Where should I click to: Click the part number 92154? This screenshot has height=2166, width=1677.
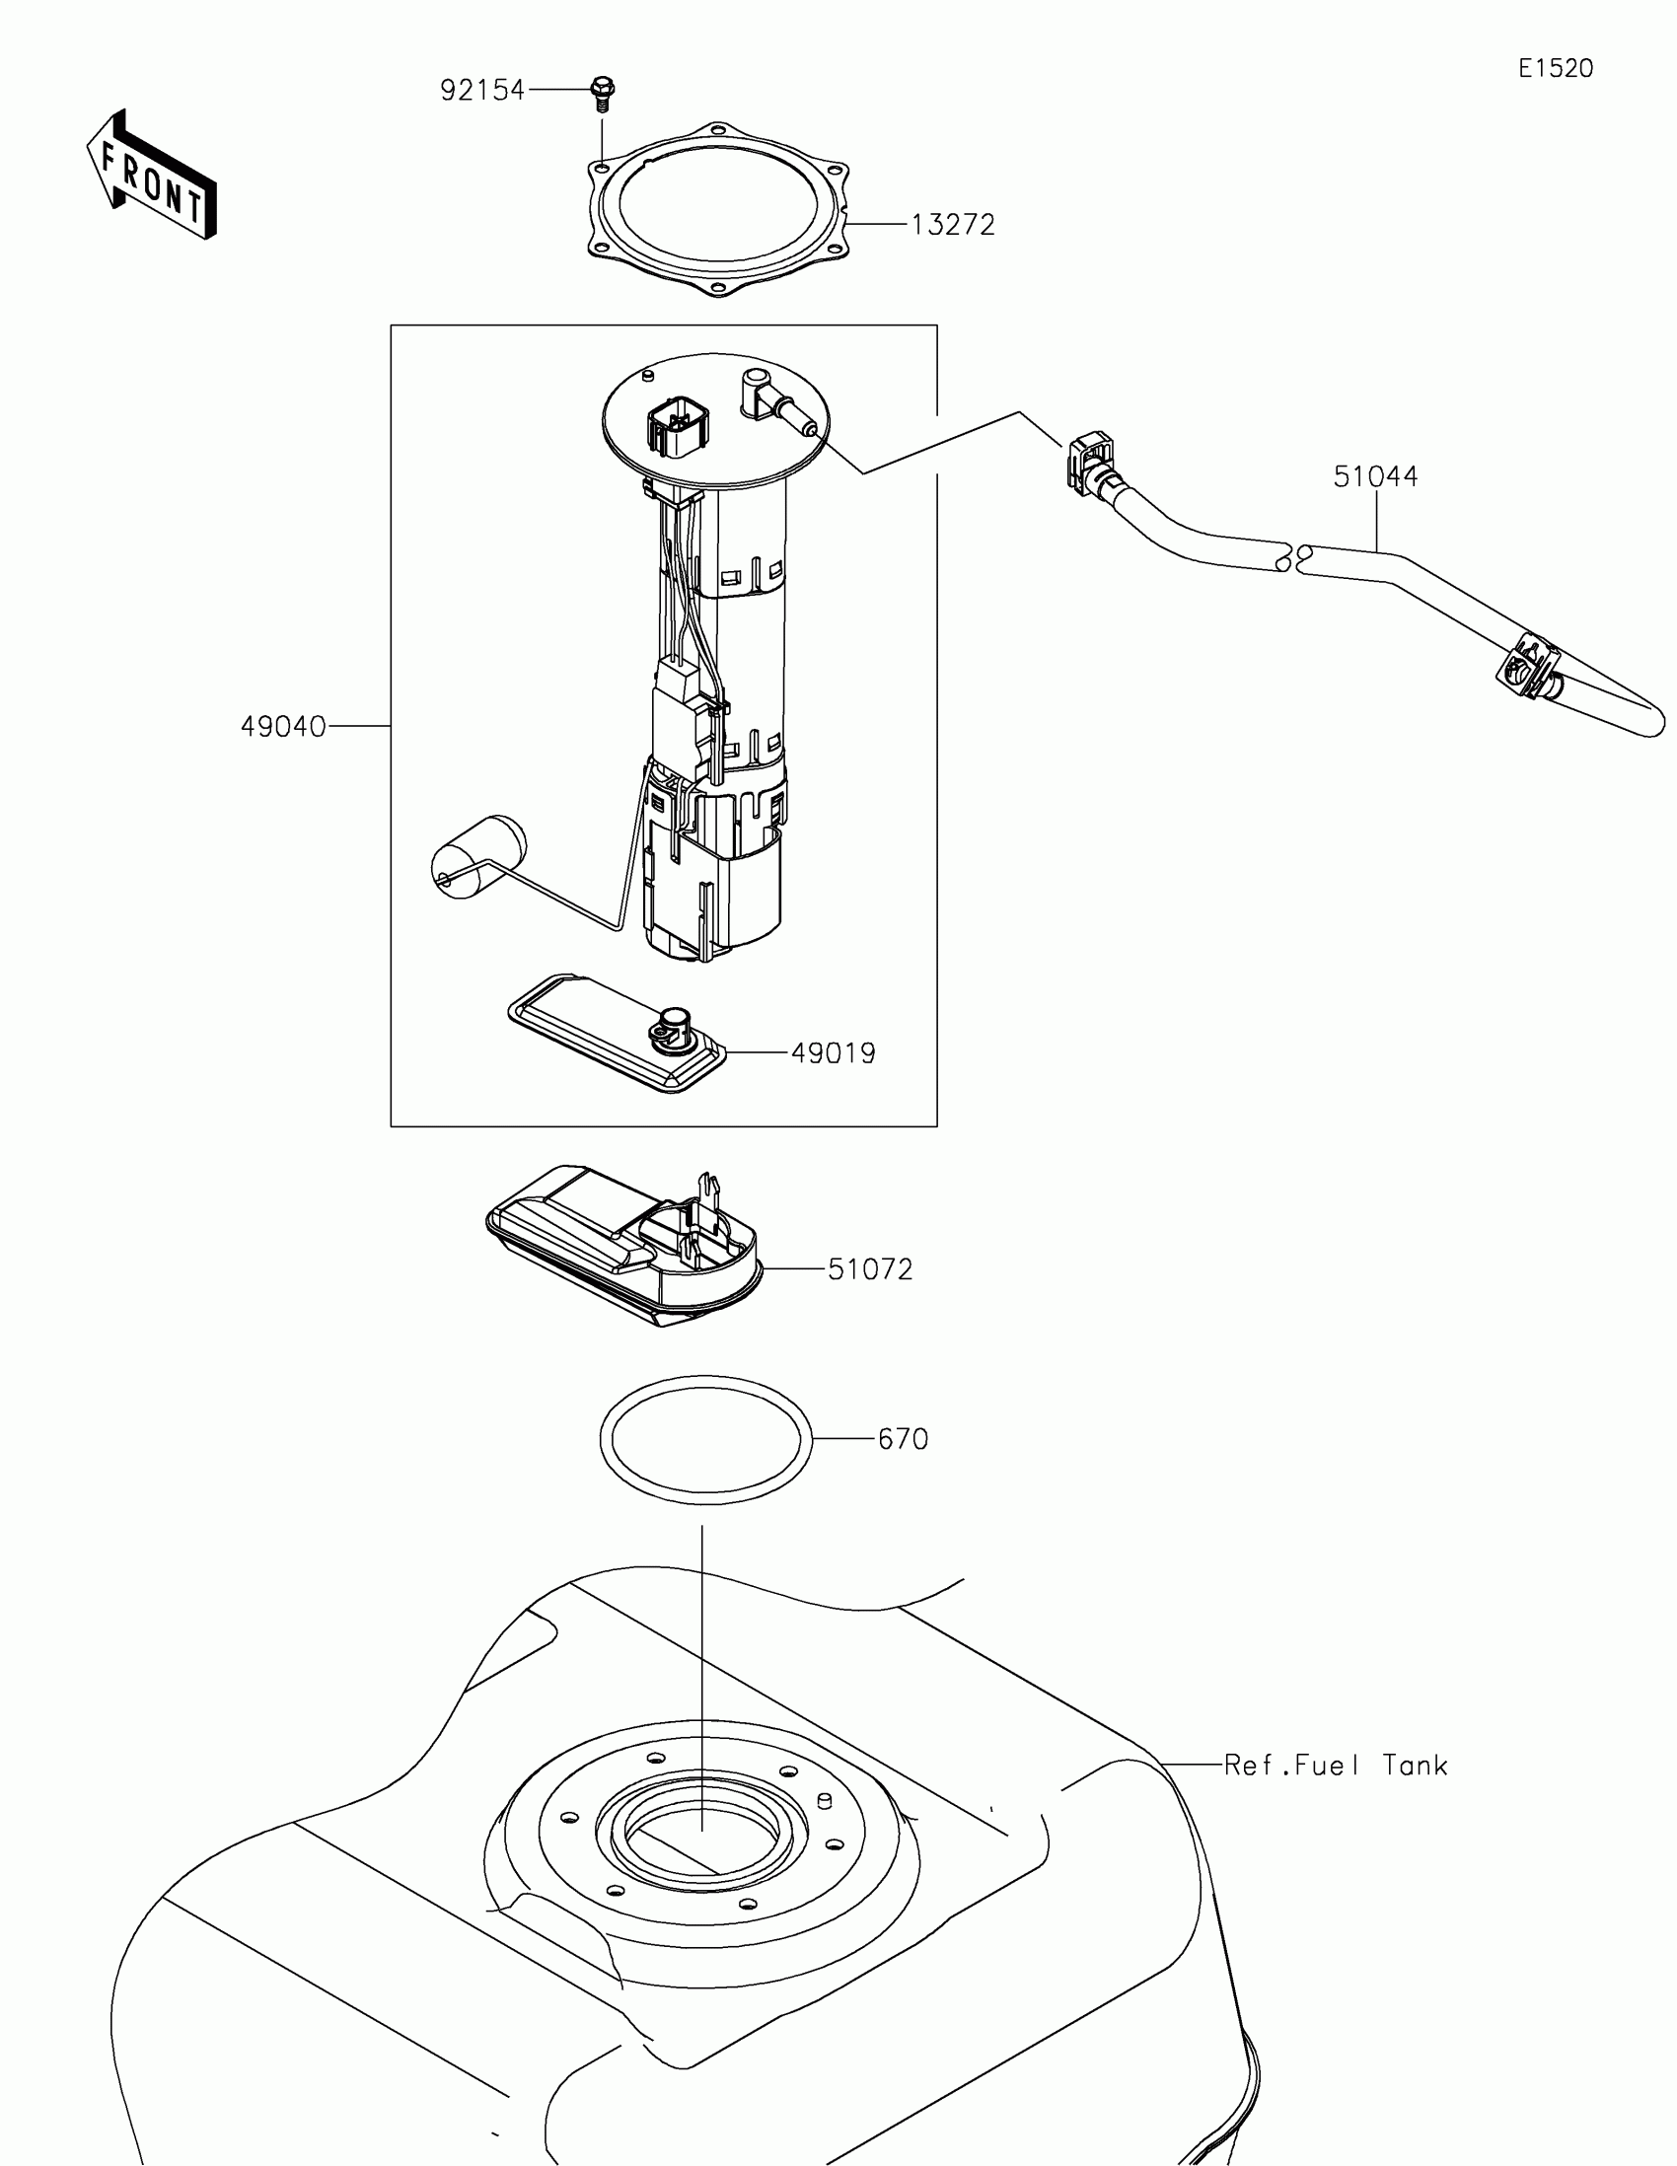click(482, 91)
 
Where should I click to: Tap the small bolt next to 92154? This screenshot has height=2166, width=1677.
click(602, 92)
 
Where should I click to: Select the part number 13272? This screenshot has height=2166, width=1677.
click(952, 225)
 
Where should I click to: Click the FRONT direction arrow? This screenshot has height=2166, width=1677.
click(152, 175)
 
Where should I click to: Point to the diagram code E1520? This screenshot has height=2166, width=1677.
click(1555, 68)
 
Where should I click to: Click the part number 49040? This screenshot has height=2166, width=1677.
click(284, 727)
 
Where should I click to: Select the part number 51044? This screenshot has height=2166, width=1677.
click(1374, 477)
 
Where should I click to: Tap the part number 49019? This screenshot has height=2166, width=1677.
click(833, 1053)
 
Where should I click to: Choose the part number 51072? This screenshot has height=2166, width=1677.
click(870, 1269)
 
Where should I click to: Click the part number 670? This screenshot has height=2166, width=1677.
click(903, 1439)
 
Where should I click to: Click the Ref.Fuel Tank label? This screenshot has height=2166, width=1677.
click(1335, 1766)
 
